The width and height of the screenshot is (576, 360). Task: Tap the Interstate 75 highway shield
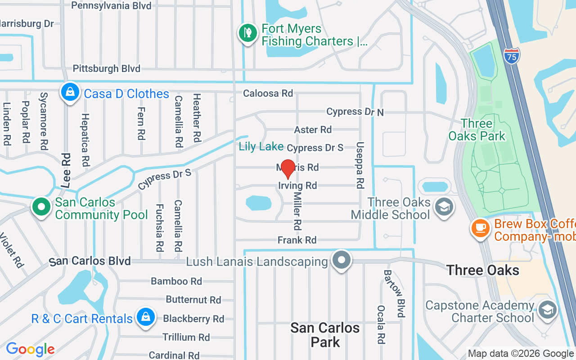coord(512,55)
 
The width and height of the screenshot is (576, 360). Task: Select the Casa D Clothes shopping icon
coord(70,93)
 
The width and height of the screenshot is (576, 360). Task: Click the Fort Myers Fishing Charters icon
coord(247,33)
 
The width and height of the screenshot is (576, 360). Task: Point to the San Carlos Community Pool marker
coord(42,207)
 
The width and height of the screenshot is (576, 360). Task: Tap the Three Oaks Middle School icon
coord(444,207)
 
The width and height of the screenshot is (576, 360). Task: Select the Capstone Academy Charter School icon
coord(547,310)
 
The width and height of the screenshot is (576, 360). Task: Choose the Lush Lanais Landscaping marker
coord(342,260)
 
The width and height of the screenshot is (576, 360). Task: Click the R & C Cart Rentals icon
coord(145,317)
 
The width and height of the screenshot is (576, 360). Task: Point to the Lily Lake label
coord(261,146)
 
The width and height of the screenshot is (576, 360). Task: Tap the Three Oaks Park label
coord(477,130)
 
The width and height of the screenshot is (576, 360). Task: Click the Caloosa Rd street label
coord(268,93)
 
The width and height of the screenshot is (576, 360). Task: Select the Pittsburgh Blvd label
coord(107,68)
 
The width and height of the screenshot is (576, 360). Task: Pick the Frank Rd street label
coord(297,240)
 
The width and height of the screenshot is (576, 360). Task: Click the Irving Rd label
coord(297,185)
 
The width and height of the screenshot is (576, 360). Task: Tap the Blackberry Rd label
coord(193,319)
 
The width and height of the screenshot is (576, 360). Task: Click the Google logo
coord(30,349)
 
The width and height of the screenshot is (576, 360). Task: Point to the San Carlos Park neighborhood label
coord(325,334)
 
